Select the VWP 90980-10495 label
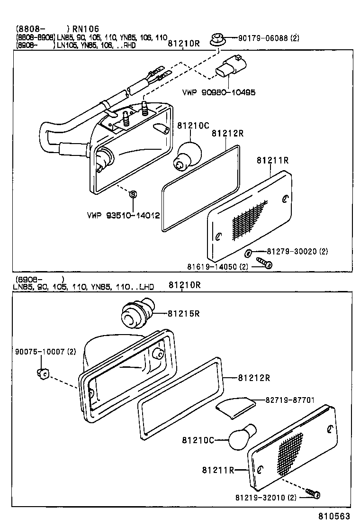click(x=218, y=92)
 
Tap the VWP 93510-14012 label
click(x=123, y=216)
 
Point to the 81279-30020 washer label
click(x=294, y=251)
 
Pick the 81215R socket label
click(x=182, y=313)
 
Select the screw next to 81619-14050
click(x=264, y=262)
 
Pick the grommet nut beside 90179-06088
click(x=217, y=38)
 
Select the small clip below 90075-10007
click(x=42, y=374)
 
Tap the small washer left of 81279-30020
click(x=250, y=251)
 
